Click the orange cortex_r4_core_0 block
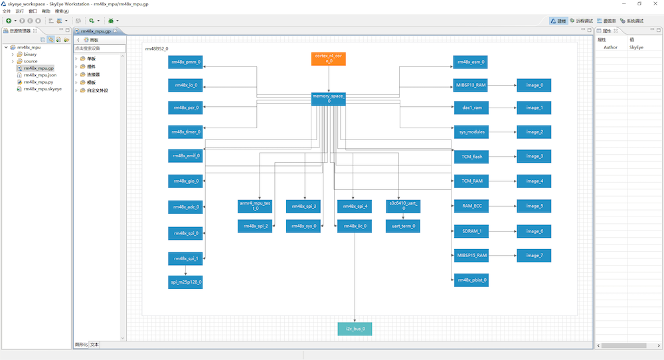tap(328, 59)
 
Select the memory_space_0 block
tap(328, 99)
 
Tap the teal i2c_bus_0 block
tap(355, 329)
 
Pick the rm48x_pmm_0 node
tap(185, 62)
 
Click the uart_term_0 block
tap(403, 226)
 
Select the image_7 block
tap(534, 256)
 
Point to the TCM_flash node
tap(471, 157)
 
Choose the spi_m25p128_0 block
tap(185, 282)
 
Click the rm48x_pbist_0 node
tap(471, 280)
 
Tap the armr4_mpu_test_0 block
tap(254, 207)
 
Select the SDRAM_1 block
tap(471, 231)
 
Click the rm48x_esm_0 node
tap(470, 62)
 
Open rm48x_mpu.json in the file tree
tap(40, 75)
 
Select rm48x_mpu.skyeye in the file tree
tap(42, 89)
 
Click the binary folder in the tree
tap(30, 54)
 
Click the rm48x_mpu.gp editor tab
tap(96, 31)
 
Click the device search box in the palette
tap(100, 48)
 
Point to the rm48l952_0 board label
tap(157, 48)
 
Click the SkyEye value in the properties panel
tap(636, 47)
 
